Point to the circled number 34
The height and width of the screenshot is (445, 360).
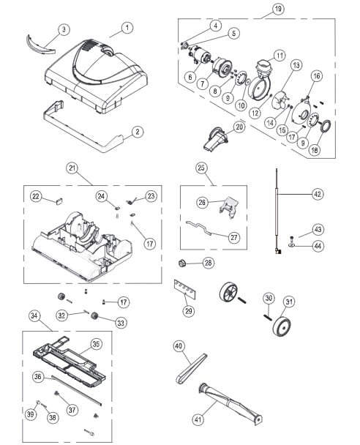[x=34, y=317]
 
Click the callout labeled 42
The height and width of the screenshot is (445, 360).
[x=316, y=195]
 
